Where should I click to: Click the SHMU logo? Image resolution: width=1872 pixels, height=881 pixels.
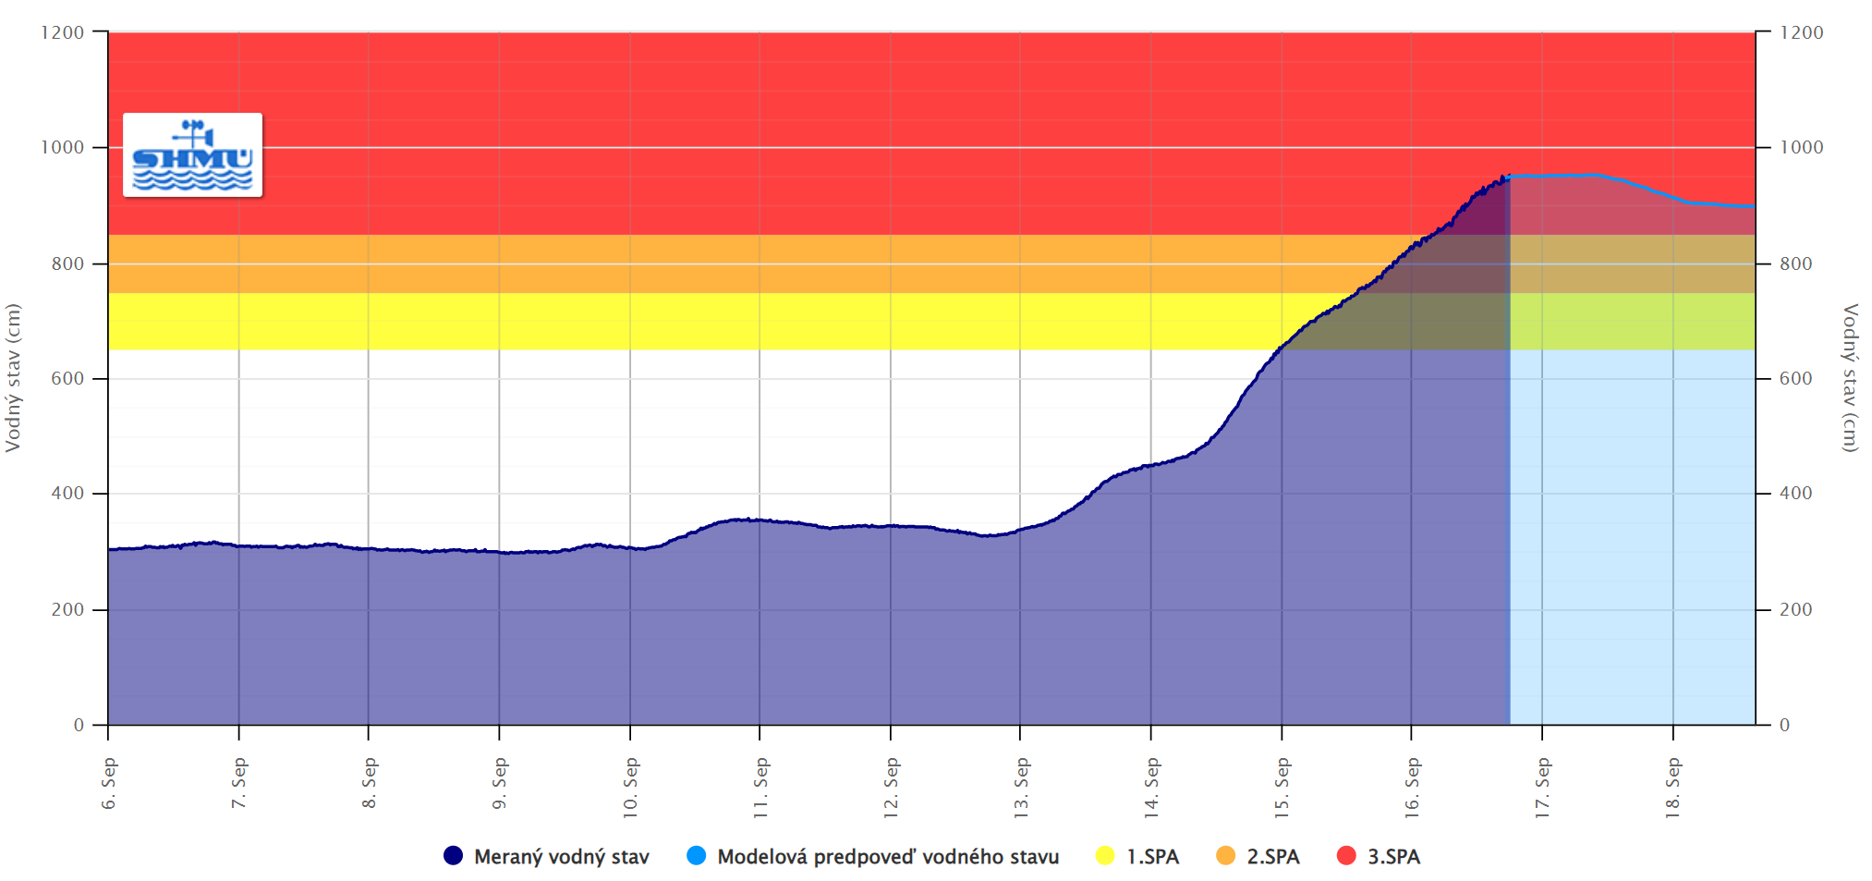(x=192, y=155)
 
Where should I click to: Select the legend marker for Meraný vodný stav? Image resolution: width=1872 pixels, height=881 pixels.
(x=453, y=856)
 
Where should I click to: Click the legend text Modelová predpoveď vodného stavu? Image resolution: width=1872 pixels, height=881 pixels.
(x=887, y=857)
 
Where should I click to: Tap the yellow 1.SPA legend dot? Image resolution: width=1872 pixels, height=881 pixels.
(x=1105, y=856)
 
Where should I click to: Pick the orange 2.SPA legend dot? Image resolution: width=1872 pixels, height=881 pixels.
(x=1226, y=856)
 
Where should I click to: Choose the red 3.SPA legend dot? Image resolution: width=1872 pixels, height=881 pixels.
(x=1346, y=856)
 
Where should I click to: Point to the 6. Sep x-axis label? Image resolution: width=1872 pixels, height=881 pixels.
(x=109, y=784)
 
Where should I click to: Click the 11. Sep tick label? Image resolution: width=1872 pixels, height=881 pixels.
(x=760, y=788)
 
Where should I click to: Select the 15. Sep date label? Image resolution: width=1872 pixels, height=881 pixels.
(x=1282, y=788)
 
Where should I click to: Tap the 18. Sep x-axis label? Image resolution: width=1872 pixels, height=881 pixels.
(x=1672, y=788)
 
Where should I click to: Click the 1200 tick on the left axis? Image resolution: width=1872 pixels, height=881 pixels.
(x=63, y=32)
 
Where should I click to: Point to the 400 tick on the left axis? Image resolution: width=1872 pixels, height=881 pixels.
(x=67, y=494)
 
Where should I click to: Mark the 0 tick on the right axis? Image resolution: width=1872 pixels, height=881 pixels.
(x=1785, y=726)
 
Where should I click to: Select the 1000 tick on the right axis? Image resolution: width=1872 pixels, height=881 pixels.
(x=1802, y=147)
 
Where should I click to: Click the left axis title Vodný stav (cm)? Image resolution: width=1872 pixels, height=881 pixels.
(x=13, y=377)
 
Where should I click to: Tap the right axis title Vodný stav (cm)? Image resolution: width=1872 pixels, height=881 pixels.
(x=1850, y=377)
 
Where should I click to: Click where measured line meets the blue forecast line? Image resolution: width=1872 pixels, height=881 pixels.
(x=1509, y=177)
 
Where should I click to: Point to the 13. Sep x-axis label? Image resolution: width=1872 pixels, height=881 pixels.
(x=1021, y=788)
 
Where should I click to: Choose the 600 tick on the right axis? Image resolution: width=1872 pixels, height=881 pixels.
(x=1796, y=378)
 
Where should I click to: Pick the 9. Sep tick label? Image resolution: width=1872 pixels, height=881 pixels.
(x=500, y=784)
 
